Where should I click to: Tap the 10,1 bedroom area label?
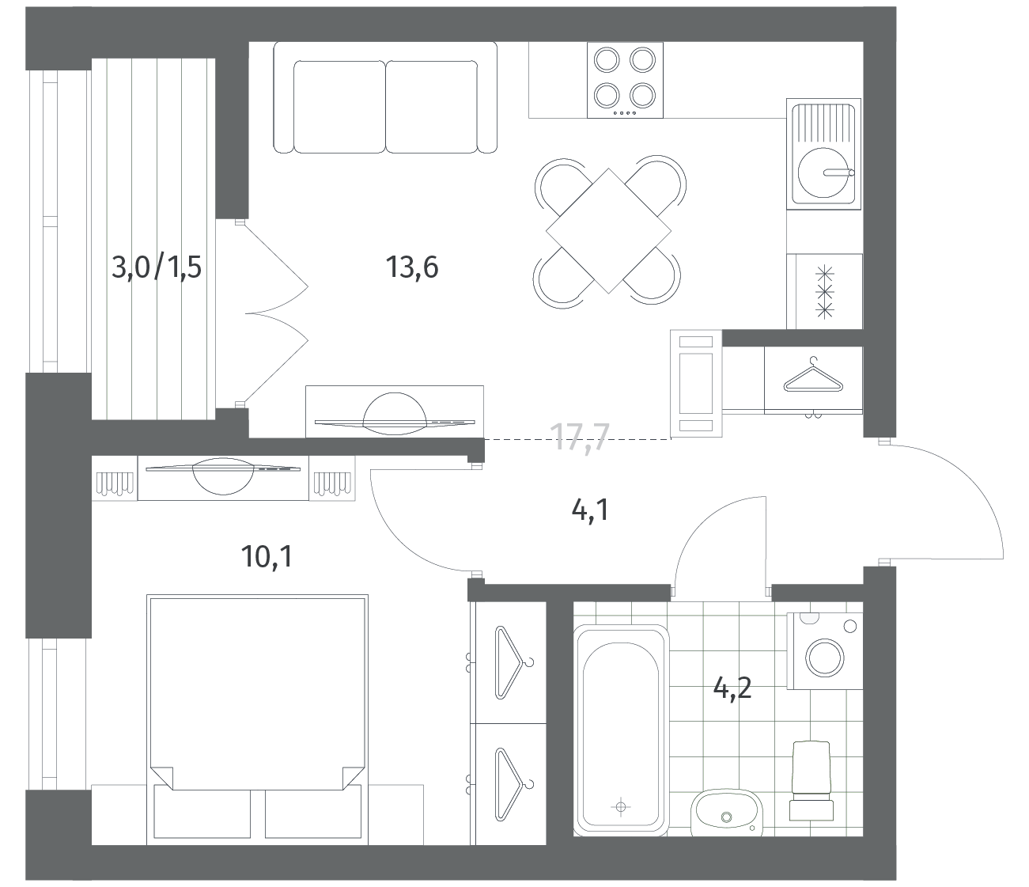tap(267, 556)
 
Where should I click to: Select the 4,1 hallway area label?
tap(590, 510)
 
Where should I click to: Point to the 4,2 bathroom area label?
tap(732, 688)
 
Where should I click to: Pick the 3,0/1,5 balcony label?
tap(157, 267)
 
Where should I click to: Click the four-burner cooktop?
tap(625, 80)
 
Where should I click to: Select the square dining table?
tap(608, 230)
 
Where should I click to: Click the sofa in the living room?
tap(385, 97)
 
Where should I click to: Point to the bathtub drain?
tap(620, 806)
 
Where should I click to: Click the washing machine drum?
tap(826, 658)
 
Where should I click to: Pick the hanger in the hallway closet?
tap(813, 377)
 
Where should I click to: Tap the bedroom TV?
tap(223, 475)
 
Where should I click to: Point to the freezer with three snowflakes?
tap(824, 291)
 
